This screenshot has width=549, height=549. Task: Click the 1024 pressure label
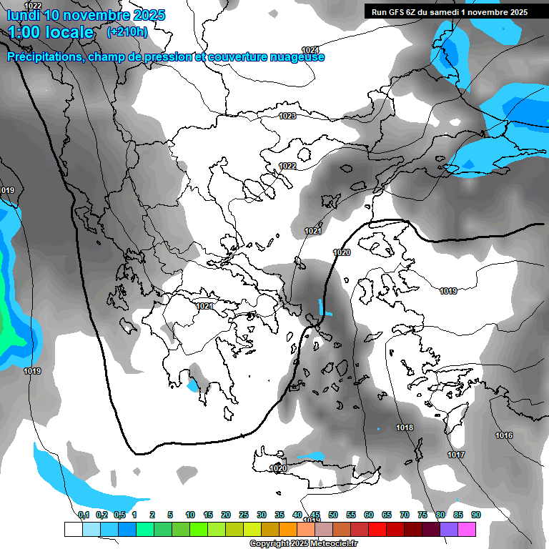click(x=310, y=49)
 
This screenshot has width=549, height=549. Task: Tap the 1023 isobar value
click(x=287, y=116)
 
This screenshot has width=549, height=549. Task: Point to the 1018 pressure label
click(x=405, y=427)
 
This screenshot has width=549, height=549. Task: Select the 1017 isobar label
click(x=456, y=455)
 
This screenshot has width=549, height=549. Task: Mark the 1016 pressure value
click(x=504, y=435)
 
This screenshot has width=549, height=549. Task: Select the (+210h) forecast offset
click(x=127, y=32)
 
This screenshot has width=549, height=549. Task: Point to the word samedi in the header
click(x=451, y=12)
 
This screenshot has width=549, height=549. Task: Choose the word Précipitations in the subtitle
click(x=44, y=57)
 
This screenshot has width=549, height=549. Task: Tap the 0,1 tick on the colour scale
click(x=84, y=515)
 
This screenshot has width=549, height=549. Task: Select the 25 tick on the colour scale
click(x=244, y=515)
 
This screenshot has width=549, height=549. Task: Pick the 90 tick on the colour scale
click(x=475, y=515)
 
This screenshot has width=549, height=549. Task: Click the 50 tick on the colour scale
click(x=333, y=515)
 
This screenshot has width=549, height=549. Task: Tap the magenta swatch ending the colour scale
click(x=467, y=529)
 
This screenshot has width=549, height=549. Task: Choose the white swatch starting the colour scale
click(x=73, y=529)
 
